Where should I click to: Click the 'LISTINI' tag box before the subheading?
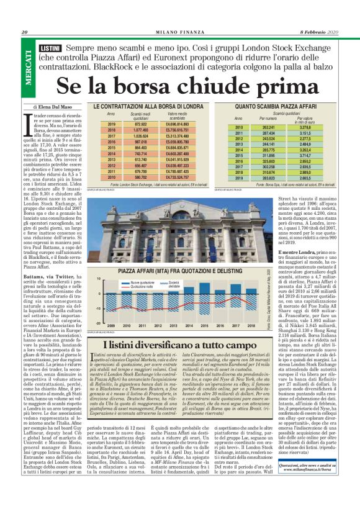tap(48, 48)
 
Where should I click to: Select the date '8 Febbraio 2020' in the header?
tap(323, 33)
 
